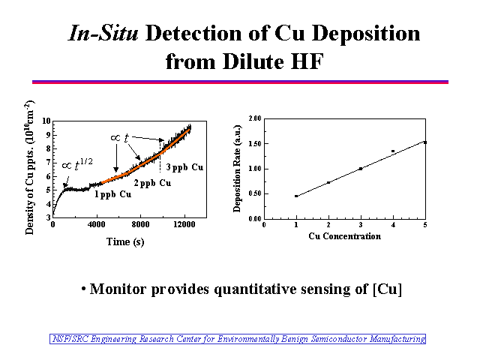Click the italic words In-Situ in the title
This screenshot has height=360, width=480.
(x=103, y=32)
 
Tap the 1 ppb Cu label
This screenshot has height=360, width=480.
(x=113, y=194)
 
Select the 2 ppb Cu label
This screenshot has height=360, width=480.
(x=152, y=183)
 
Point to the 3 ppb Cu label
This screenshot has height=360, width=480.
(x=184, y=167)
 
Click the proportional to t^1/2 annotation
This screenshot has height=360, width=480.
(x=77, y=164)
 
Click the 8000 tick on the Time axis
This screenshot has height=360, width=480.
(x=140, y=224)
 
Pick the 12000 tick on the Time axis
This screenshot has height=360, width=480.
(x=184, y=224)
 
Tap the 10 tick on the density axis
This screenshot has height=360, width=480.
(x=46, y=121)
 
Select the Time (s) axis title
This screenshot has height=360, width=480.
(x=125, y=241)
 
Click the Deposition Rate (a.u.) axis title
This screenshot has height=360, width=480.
(x=237, y=168)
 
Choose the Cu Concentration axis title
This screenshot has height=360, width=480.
(x=345, y=236)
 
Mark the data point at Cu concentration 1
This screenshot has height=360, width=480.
(x=296, y=196)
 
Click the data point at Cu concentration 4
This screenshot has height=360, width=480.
(x=393, y=151)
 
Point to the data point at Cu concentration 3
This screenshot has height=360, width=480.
(x=361, y=169)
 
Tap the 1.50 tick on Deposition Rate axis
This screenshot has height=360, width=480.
(x=255, y=143)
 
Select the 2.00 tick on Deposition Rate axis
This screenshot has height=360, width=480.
(x=255, y=118)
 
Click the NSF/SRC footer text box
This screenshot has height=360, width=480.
(x=238, y=339)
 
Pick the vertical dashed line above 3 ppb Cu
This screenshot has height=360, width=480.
(x=160, y=157)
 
